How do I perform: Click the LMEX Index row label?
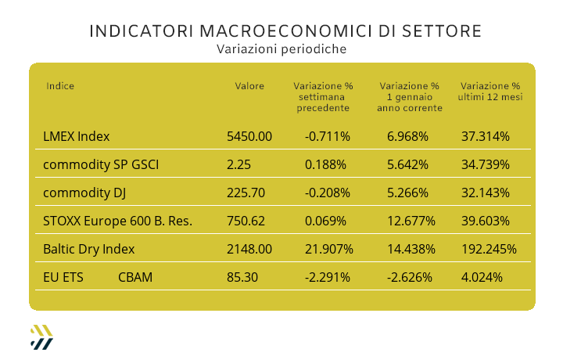[77, 136]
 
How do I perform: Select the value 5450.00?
[249, 136]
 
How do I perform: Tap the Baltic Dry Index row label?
[89, 249]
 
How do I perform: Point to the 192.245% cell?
[489, 249]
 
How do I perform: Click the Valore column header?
[249, 86]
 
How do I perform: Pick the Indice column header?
[60, 86]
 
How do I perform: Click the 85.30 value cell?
[241, 277]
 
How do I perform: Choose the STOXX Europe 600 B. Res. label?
[118, 221]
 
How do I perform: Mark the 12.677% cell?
[411, 221]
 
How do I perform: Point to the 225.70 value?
[245, 193]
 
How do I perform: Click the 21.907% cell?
[328, 249]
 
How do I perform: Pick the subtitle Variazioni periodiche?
[281, 49]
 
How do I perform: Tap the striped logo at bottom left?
[41, 336]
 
